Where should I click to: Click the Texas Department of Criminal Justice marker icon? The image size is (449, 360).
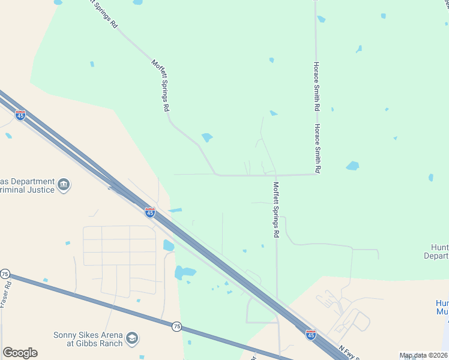click(x=64, y=184)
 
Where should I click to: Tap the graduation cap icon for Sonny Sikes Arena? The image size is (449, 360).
click(x=132, y=339)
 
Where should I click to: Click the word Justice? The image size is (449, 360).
click(x=40, y=190)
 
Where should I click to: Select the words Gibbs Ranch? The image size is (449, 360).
click(x=97, y=344)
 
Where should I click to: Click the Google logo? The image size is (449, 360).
click(x=20, y=353)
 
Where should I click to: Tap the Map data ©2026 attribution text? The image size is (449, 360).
click(x=423, y=355)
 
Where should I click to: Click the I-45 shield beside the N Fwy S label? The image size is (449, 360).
click(x=310, y=333)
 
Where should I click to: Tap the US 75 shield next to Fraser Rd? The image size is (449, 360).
click(x=5, y=274)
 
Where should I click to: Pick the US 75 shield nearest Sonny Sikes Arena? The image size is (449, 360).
click(x=176, y=326)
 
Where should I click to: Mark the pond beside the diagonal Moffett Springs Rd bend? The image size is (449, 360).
click(x=207, y=137)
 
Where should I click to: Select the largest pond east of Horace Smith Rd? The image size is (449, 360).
click(x=352, y=166)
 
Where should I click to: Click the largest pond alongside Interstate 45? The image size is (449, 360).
click(x=185, y=272)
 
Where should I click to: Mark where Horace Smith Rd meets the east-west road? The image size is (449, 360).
click(x=316, y=175)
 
